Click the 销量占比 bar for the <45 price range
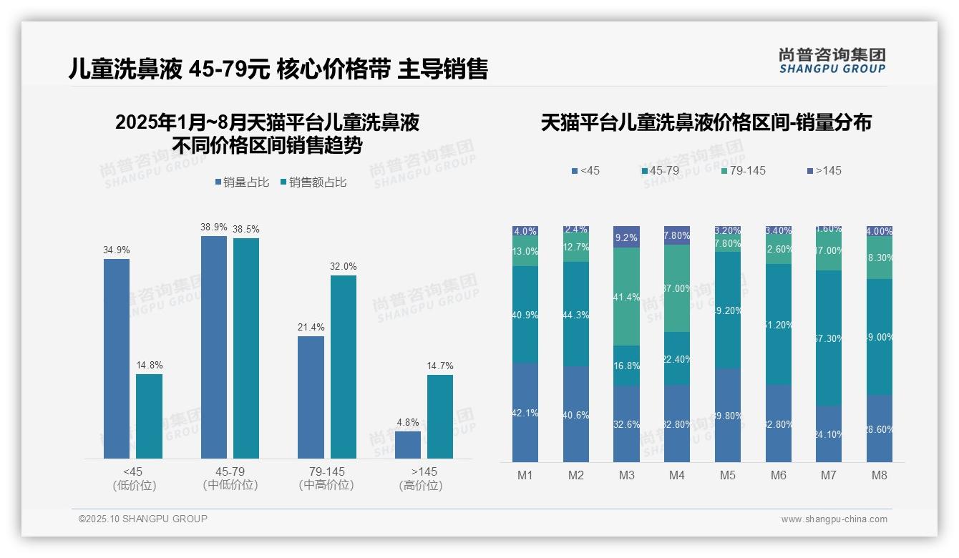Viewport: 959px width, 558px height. tap(117, 358)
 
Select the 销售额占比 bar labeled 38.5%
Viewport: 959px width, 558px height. tap(246, 348)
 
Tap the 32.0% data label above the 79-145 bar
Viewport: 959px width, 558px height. tap(344, 266)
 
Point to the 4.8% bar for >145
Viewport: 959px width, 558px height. tap(408, 444)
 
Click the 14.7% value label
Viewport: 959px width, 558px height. tap(440, 366)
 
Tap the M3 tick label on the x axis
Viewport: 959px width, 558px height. tap(626, 475)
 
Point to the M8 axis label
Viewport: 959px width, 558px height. tap(880, 475)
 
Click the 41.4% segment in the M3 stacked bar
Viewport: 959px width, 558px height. tap(626, 296)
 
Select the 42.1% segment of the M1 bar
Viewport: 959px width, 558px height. tap(525, 412)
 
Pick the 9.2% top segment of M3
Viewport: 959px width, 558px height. tap(626, 237)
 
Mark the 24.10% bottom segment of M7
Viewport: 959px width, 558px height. tap(829, 434)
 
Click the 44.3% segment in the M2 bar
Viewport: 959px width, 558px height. tap(575, 314)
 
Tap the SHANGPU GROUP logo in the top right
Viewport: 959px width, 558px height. tap(832, 60)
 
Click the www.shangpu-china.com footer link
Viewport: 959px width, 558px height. tap(834, 519)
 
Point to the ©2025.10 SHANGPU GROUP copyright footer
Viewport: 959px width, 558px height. tap(143, 519)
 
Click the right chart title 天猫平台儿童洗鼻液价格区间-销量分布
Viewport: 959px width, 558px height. tap(706, 122)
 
